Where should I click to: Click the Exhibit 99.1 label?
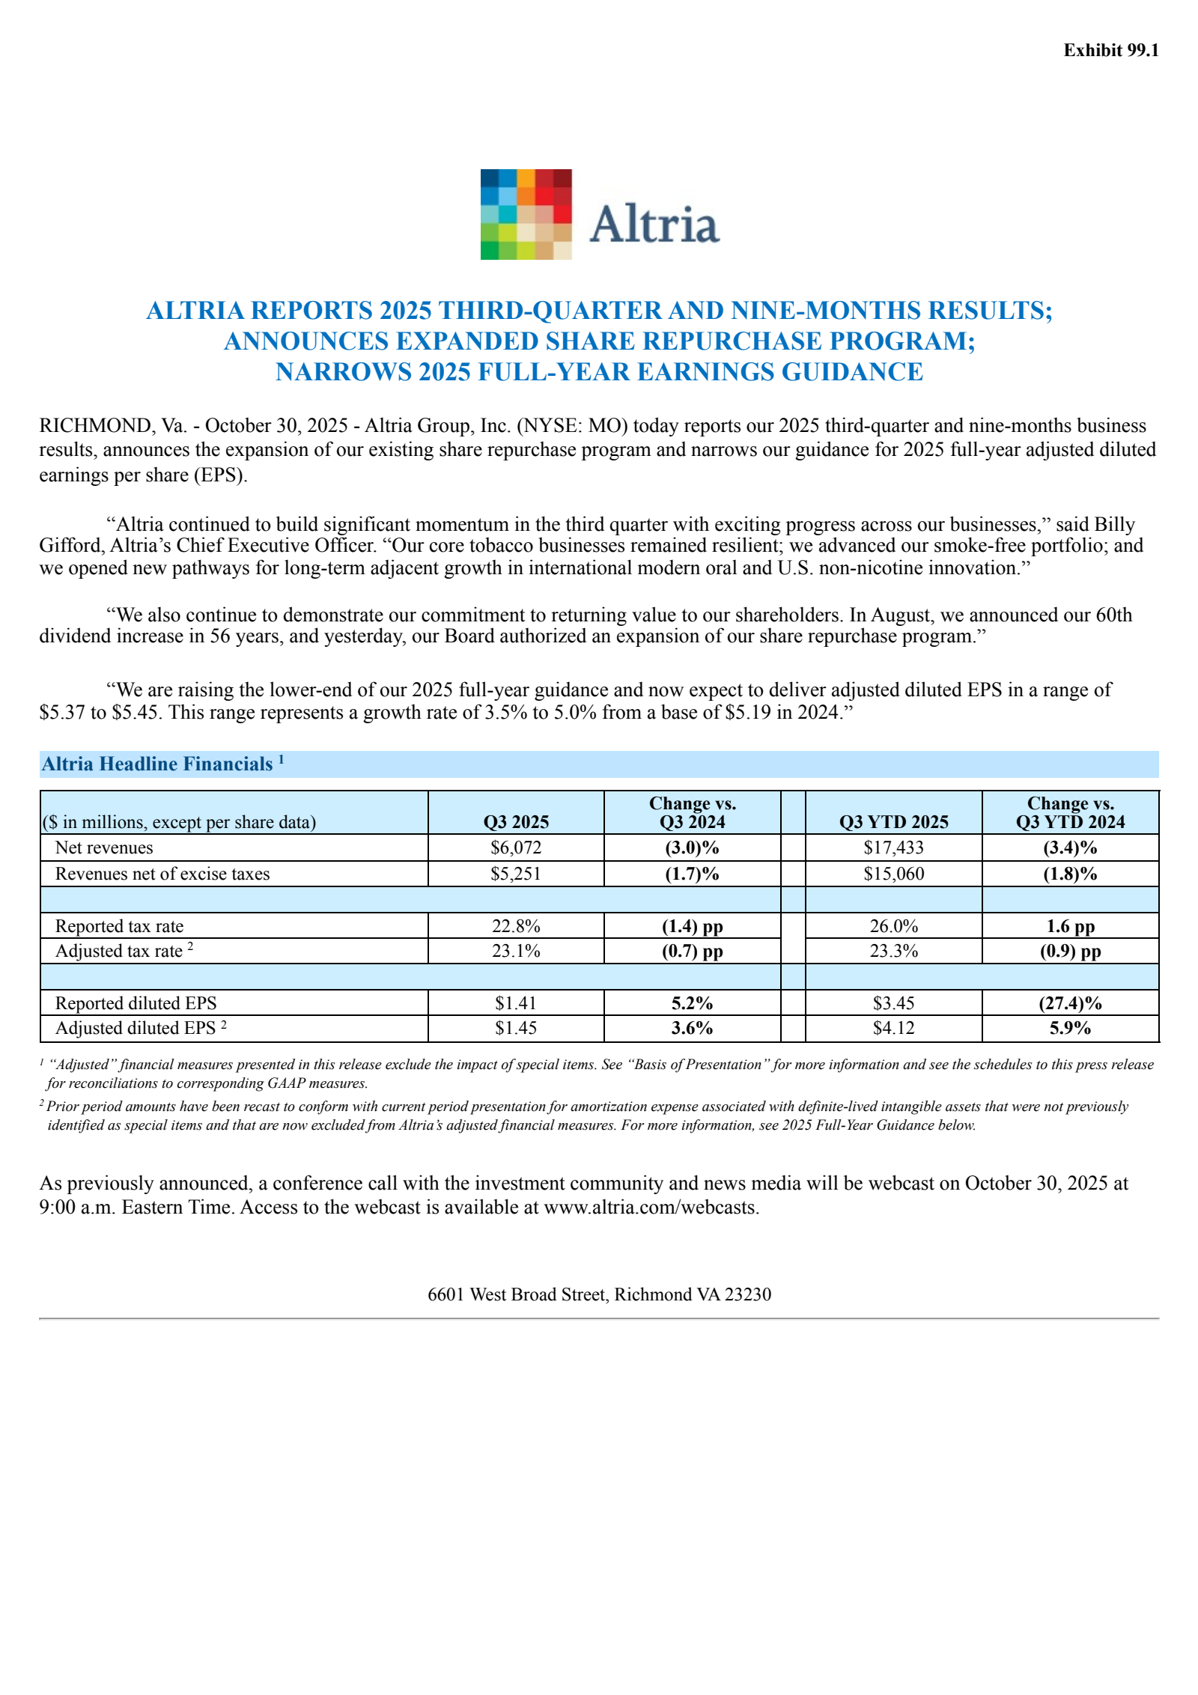pos(1110,50)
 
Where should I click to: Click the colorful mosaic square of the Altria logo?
pos(526,214)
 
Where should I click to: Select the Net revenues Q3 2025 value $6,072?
pos(515,847)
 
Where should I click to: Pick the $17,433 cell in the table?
pos(893,847)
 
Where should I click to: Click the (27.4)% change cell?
pos(1069,1003)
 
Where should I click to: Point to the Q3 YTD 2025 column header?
pos(893,821)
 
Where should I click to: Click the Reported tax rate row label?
pos(119,926)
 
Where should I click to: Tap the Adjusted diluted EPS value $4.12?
pos(893,1028)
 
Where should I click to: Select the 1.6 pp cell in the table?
pos(1069,926)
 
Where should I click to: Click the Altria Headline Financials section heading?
pos(157,764)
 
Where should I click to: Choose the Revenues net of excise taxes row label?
pos(162,874)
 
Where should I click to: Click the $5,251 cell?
pos(515,874)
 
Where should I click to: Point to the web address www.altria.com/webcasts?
pos(651,1207)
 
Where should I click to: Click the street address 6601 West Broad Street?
pos(518,1294)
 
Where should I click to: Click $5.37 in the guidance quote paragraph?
pos(62,712)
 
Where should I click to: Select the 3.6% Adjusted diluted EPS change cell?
pos(692,1028)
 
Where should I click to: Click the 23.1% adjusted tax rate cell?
pos(515,951)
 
